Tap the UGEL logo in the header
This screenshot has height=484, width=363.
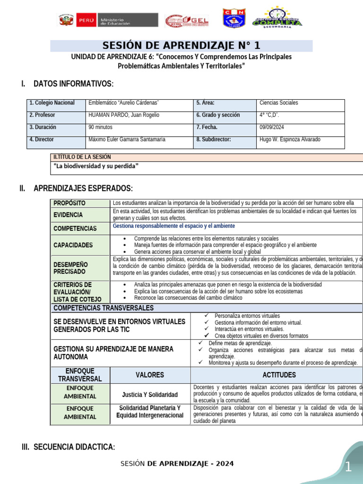pyautogui.click(x=187, y=20)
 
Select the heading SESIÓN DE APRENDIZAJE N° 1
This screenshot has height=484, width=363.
pyautogui.click(x=181, y=46)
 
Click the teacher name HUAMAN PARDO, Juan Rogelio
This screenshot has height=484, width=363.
pyautogui.click(x=124, y=115)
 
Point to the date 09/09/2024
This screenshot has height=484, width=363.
pyautogui.click(x=272, y=128)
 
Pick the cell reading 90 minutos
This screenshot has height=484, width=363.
pyautogui.click(x=100, y=128)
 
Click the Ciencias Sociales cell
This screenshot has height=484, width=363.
pyautogui.click(x=279, y=103)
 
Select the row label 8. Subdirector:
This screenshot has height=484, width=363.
pyautogui.click(x=213, y=140)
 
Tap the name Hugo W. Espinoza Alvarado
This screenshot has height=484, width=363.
pyautogui.click(x=290, y=140)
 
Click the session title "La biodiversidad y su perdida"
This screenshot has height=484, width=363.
pyautogui.click(x=97, y=166)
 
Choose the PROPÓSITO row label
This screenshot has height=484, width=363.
pyautogui.click(x=69, y=203)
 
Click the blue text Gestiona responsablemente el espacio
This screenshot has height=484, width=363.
pyautogui.click(x=174, y=226)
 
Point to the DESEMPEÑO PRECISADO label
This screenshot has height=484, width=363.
pyautogui.click(x=70, y=268)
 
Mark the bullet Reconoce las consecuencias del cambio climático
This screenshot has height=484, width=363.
pyautogui.click(x=188, y=298)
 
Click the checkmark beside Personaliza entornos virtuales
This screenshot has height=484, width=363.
pyautogui.click(x=207, y=316)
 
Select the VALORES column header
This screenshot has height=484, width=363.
pyautogui.click(x=150, y=375)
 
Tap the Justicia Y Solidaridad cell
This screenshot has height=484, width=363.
pyautogui.click(x=150, y=395)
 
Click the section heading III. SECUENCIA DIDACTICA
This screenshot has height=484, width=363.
pyautogui.click(x=68, y=447)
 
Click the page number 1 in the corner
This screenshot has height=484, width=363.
pyautogui.click(x=348, y=468)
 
